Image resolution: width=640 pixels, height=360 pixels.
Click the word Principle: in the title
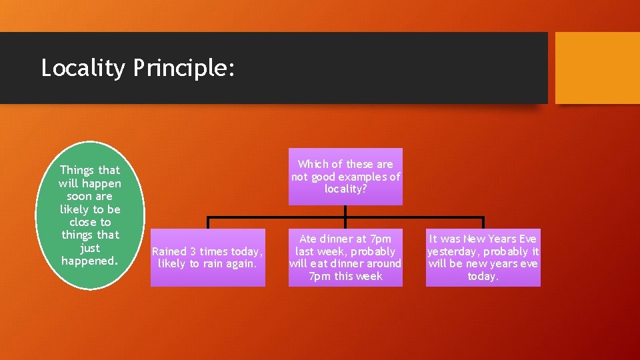pyautogui.click(x=183, y=68)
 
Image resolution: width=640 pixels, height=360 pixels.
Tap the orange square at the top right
pyautogui.click(x=597, y=68)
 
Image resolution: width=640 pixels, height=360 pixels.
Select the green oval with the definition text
pyautogui.click(x=90, y=215)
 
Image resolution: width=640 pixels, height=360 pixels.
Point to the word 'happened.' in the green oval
pyautogui.click(x=90, y=261)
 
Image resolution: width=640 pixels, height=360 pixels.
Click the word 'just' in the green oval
pyautogui.click(x=90, y=248)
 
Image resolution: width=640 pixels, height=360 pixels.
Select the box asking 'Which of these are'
pyautogui.click(x=345, y=177)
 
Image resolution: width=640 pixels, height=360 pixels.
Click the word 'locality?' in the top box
pyautogui.click(x=345, y=189)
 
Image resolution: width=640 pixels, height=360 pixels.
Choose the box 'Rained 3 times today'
pyautogui.click(x=207, y=257)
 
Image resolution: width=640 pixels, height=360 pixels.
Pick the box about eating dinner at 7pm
pyautogui.click(x=345, y=257)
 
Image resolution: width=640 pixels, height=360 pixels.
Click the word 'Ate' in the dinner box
pyautogui.click(x=309, y=239)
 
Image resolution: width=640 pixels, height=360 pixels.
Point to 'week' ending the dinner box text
pyautogui.click(x=367, y=276)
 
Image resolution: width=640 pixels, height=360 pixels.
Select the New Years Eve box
pyautogui.click(x=483, y=257)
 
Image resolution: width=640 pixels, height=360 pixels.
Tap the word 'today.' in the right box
pyautogui.click(x=483, y=276)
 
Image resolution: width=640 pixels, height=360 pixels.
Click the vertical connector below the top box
pyautogui.click(x=345, y=211)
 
